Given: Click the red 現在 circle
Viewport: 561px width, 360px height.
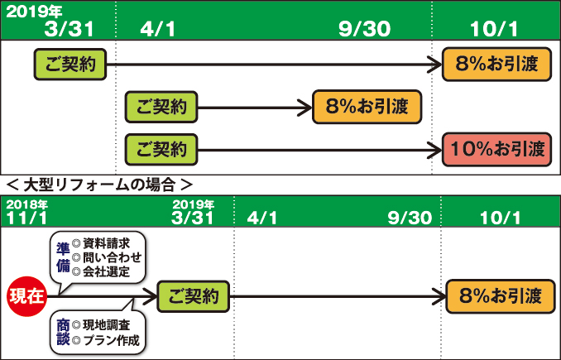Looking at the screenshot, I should coord(25,295).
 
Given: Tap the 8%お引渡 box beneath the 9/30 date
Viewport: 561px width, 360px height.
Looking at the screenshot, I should coord(366,107).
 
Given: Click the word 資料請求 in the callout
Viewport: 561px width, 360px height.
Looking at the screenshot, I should coord(106,244).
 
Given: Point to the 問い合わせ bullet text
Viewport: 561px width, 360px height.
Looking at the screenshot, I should coord(111,257).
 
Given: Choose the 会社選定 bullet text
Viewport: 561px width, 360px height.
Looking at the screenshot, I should coord(106,271).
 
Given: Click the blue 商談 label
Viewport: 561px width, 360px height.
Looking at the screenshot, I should coord(63,331).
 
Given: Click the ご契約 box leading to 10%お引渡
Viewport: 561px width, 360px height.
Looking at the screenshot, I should coord(161,150).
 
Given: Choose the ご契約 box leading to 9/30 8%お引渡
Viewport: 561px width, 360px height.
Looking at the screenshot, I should coord(161,107).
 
